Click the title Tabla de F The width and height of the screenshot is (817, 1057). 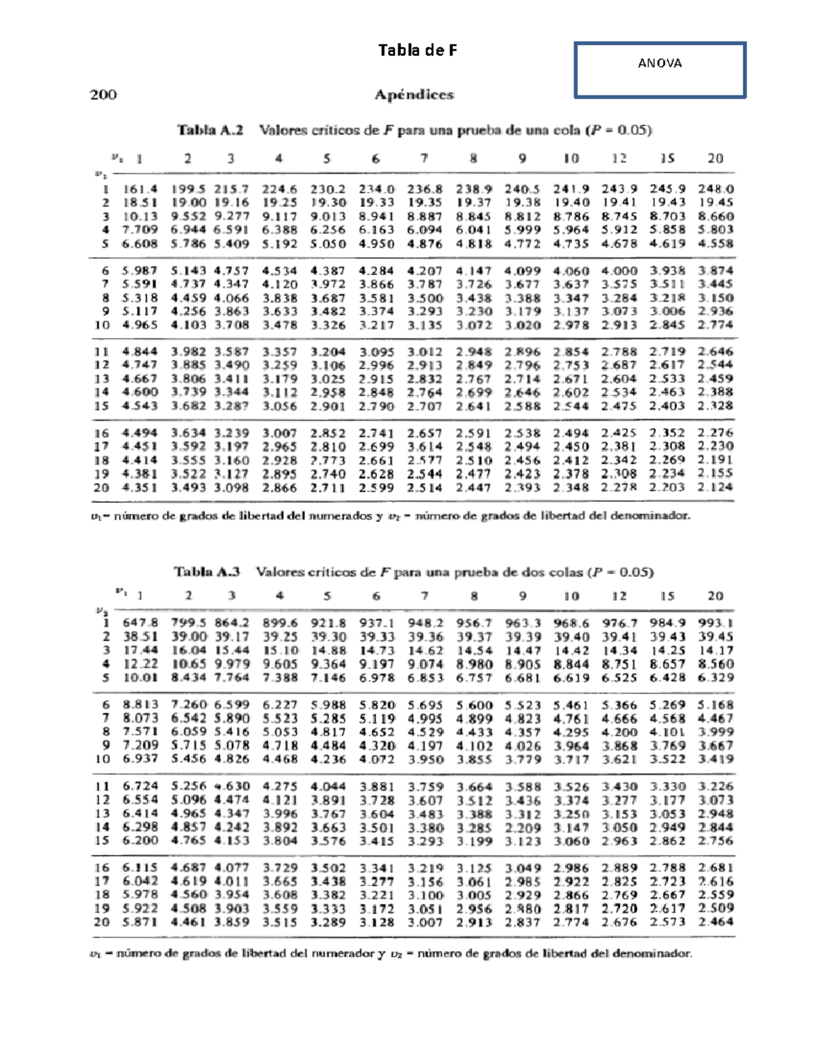click(x=417, y=50)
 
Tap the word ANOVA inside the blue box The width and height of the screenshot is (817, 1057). click(x=659, y=63)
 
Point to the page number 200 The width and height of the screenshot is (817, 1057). click(x=103, y=95)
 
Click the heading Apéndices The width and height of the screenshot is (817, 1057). click(x=414, y=95)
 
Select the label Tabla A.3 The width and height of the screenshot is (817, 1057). click(x=207, y=572)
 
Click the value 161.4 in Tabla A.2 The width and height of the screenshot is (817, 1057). click(x=140, y=189)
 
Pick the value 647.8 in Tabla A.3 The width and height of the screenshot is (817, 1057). click(x=140, y=623)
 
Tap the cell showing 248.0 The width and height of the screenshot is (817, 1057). click(x=715, y=189)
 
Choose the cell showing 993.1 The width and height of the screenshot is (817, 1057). click(x=715, y=623)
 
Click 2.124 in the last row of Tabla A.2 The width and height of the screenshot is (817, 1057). click(x=715, y=487)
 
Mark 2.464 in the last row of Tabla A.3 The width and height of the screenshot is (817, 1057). click(x=715, y=922)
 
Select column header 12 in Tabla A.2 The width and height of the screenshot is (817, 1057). click(x=619, y=159)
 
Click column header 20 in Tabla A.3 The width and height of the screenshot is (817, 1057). click(x=715, y=596)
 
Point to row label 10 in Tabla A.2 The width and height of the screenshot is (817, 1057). click(x=102, y=325)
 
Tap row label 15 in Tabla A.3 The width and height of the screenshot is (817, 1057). click(x=102, y=841)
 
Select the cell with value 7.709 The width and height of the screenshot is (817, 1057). click(x=140, y=230)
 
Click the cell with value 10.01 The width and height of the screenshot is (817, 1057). click(x=140, y=678)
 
